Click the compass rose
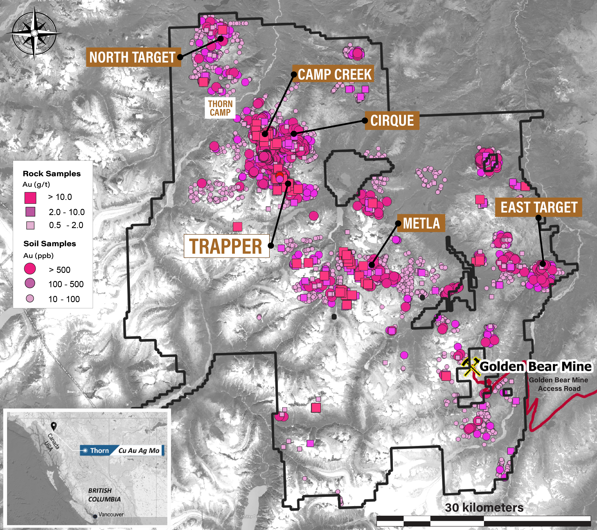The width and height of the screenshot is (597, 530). click(x=34, y=33)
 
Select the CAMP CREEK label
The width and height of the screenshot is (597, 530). click(x=335, y=74)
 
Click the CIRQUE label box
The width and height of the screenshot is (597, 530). click(x=392, y=121)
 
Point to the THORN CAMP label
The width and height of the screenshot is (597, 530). click(x=220, y=108)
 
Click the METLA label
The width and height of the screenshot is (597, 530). click(x=421, y=223)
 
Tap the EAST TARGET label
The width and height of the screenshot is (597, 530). click(x=539, y=207)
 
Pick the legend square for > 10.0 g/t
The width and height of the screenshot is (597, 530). click(x=30, y=198)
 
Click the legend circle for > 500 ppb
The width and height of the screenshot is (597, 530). click(x=30, y=269)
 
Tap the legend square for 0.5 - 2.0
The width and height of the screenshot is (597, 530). click(x=30, y=225)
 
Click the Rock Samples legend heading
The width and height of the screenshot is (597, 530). click(x=52, y=173)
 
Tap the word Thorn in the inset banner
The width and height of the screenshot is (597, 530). click(x=99, y=450)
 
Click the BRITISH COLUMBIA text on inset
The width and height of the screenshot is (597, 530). click(x=104, y=495)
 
